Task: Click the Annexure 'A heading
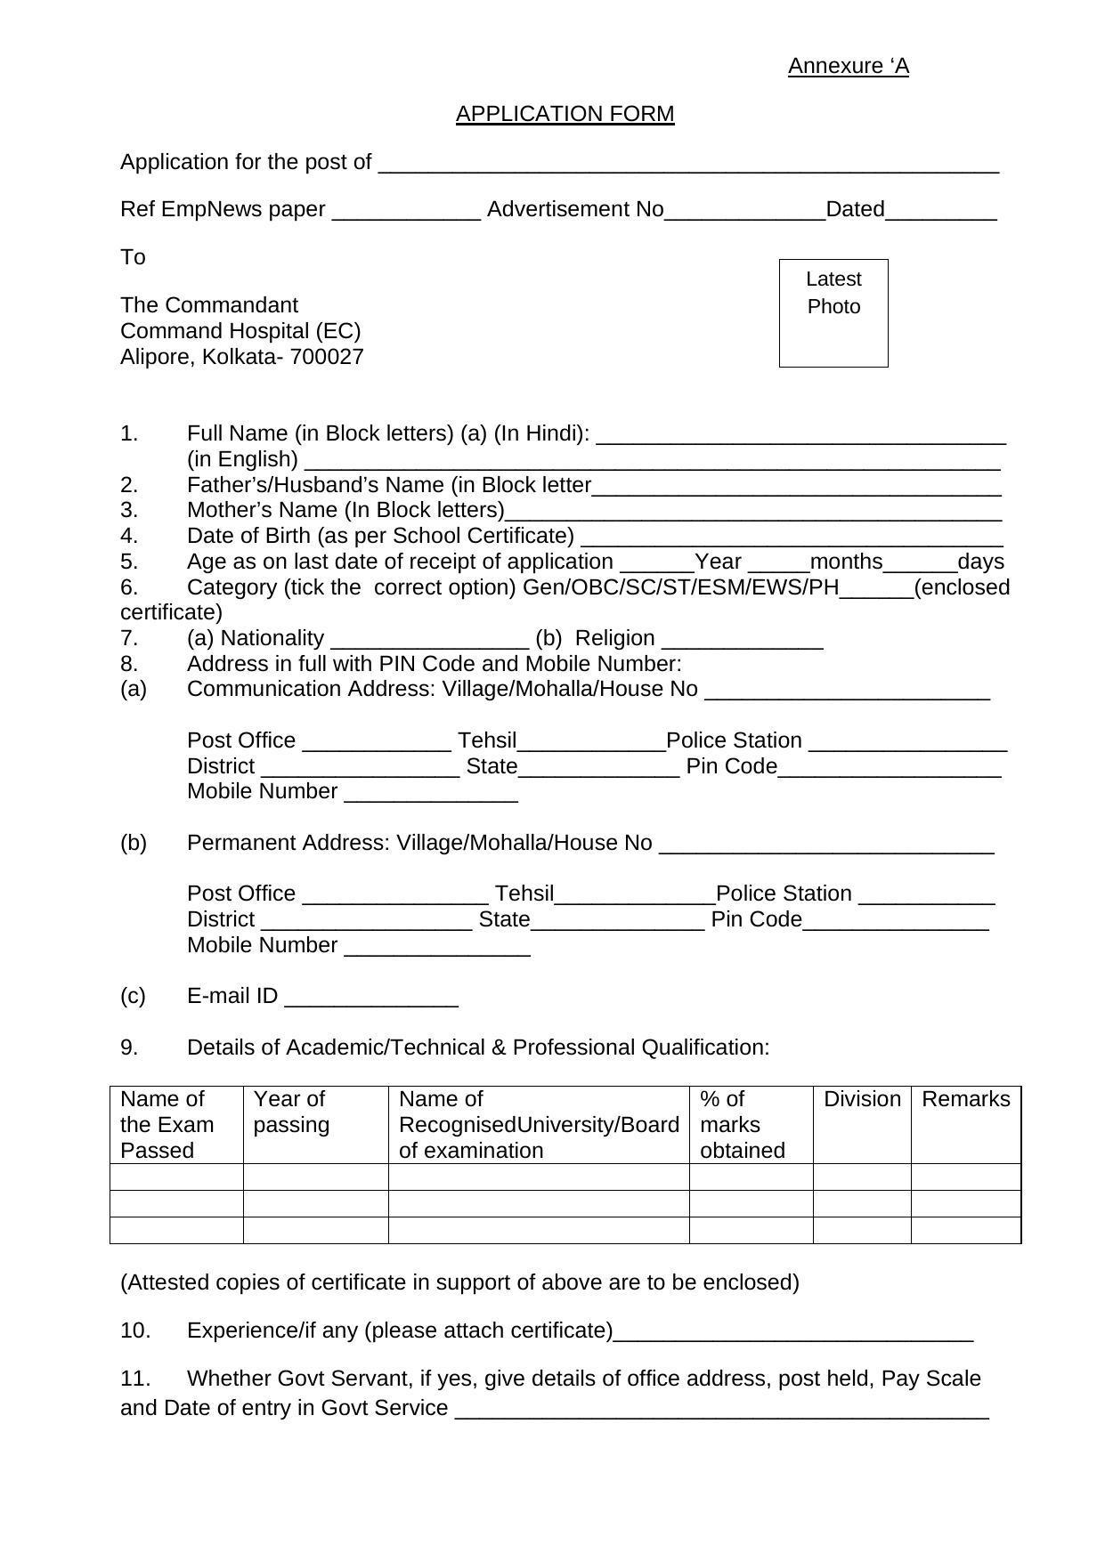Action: coord(848,67)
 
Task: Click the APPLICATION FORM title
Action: coord(565,114)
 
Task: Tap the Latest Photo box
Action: coord(833,312)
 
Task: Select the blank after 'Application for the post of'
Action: coord(688,166)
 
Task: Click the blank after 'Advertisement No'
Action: coord(745,213)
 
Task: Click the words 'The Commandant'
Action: coord(209,305)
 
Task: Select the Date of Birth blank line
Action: coord(792,539)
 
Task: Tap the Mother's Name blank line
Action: coord(753,514)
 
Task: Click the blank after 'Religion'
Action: coord(743,642)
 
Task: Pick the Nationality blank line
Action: coord(429,642)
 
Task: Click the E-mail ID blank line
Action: coord(371,999)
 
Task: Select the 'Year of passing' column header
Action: coord(290,1112)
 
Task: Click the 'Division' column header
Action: coord(862,1099)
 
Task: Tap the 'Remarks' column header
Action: coord(965,1099)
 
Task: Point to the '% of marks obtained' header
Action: coord(742,1125)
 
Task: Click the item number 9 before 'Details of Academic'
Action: coord(130,1047)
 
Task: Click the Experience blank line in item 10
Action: coord(793,1334)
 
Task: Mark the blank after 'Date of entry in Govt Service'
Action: coord(721,1411)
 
